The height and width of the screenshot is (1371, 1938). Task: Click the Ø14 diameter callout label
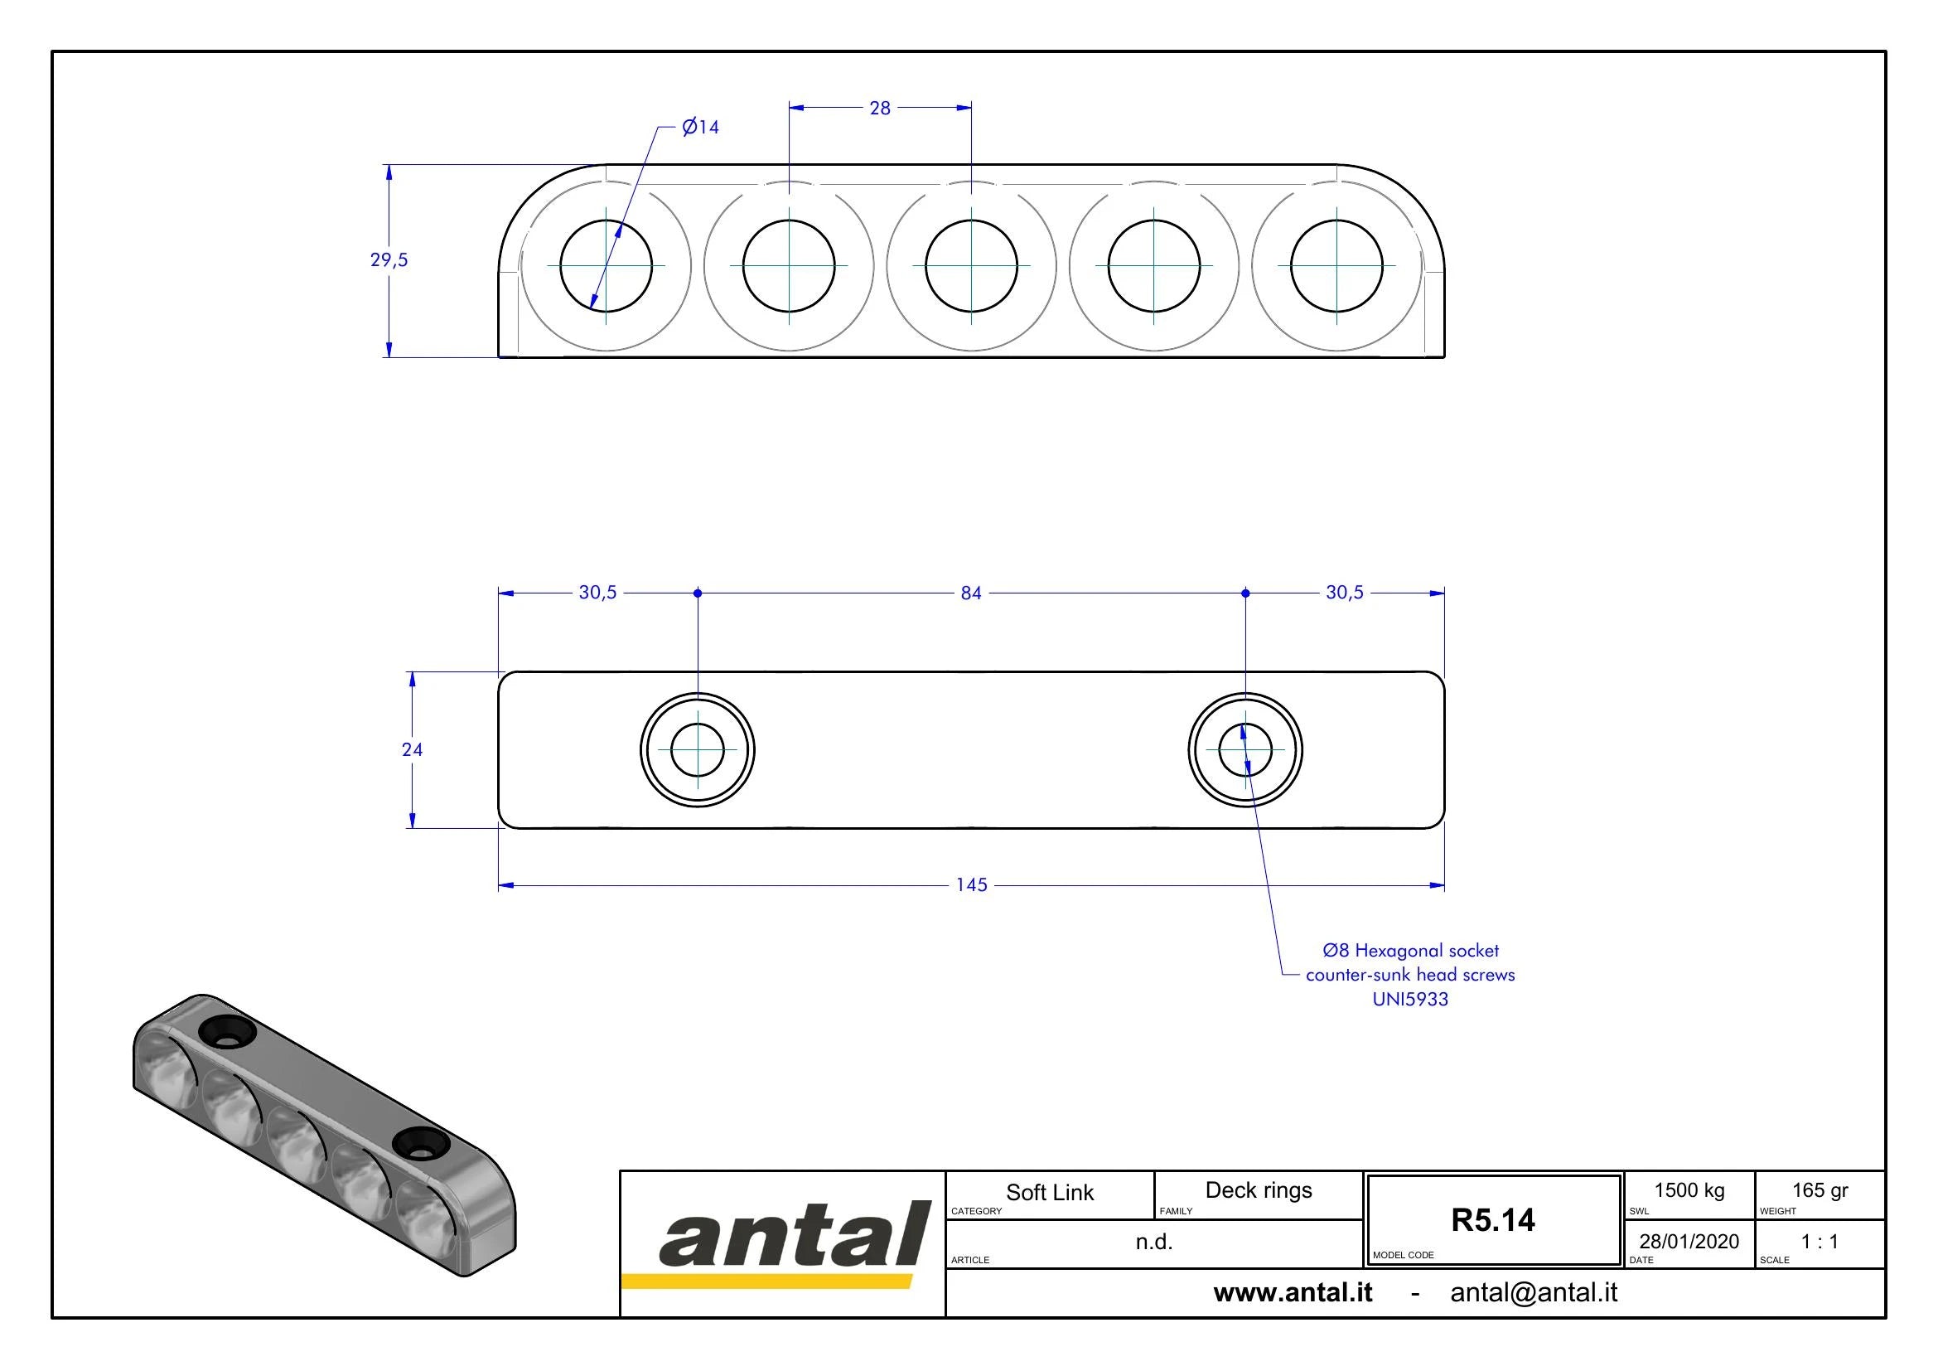click(701, 127)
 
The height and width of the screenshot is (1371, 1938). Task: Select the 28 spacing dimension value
click(880, 108)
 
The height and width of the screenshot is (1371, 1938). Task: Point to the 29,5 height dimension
click(389, 260)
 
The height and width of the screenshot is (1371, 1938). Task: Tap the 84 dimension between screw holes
click(972, 593)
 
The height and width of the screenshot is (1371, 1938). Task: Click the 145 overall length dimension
click(972, 884)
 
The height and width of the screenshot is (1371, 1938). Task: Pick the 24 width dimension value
click(412, 749)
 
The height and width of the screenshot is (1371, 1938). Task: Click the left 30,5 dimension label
click(597, 593)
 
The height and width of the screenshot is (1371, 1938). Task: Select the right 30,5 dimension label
click(1345, 593)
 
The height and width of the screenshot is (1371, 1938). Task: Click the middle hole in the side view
click(972, 265)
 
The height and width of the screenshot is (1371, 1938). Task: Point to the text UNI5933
click(1410, 1000)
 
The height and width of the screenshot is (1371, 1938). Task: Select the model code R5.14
click(1493, 1220)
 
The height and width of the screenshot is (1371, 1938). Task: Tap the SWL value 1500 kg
click(1689, 1191)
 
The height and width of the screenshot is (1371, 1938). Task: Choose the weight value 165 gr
click(1820, 1191)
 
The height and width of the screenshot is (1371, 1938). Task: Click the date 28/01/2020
click(1689, 1241)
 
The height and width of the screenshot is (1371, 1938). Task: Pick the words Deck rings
click(1259, 1191)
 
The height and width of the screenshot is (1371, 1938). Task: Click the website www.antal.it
click(1293, 1292)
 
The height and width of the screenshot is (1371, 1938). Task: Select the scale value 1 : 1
click(1820, 1241)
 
